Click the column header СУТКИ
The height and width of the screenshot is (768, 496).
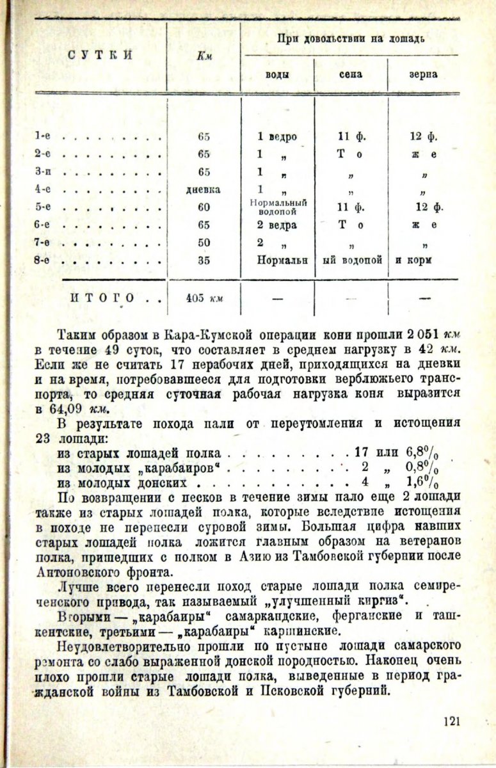click(x=100, y=54)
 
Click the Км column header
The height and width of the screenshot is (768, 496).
click(x=204, y=56)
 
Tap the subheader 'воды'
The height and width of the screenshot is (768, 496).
click(x=277, y=74)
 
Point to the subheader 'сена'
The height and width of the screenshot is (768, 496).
click(x=351, y=74)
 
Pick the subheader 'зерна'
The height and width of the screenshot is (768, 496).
click(x=424, y=74)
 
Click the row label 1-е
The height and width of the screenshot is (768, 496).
click(x=44, y=136)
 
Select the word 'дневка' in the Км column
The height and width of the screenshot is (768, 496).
click(x=204, y=189)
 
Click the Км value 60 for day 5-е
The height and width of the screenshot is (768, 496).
click(x=204, y=207)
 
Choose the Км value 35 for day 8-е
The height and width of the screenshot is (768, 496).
click(x=204, y=261)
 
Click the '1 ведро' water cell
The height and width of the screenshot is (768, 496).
click(x=276, y=136)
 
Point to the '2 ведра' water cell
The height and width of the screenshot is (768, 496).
click(x=276, y=225)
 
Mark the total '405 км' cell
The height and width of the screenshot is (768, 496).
click(x=204, y=298)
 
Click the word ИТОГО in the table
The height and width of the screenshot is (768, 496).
click(x=102, y=298)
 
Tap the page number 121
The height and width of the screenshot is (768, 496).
click(x=452, y=722)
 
